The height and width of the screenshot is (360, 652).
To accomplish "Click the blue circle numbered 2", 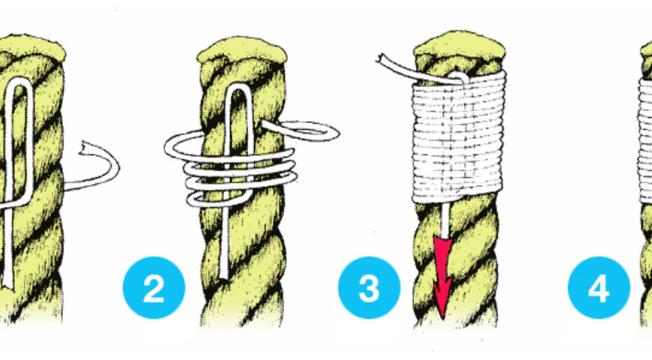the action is click(x=154, y=287).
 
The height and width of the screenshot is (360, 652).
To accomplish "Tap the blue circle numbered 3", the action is click(x=369, y=287).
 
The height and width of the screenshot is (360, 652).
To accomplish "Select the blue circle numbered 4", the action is click(x=599, y=287).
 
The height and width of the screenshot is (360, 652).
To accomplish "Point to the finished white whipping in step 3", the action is click(x=458, y=137).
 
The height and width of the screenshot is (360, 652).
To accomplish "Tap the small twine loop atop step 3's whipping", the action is click(x=459, y=76).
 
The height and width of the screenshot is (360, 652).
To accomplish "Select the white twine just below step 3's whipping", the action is click(x=445, y=219).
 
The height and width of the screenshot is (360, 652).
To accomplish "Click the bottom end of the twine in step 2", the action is click(x=224, y=275).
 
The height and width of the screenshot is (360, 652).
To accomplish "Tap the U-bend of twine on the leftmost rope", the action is click(x=19, y=82).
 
